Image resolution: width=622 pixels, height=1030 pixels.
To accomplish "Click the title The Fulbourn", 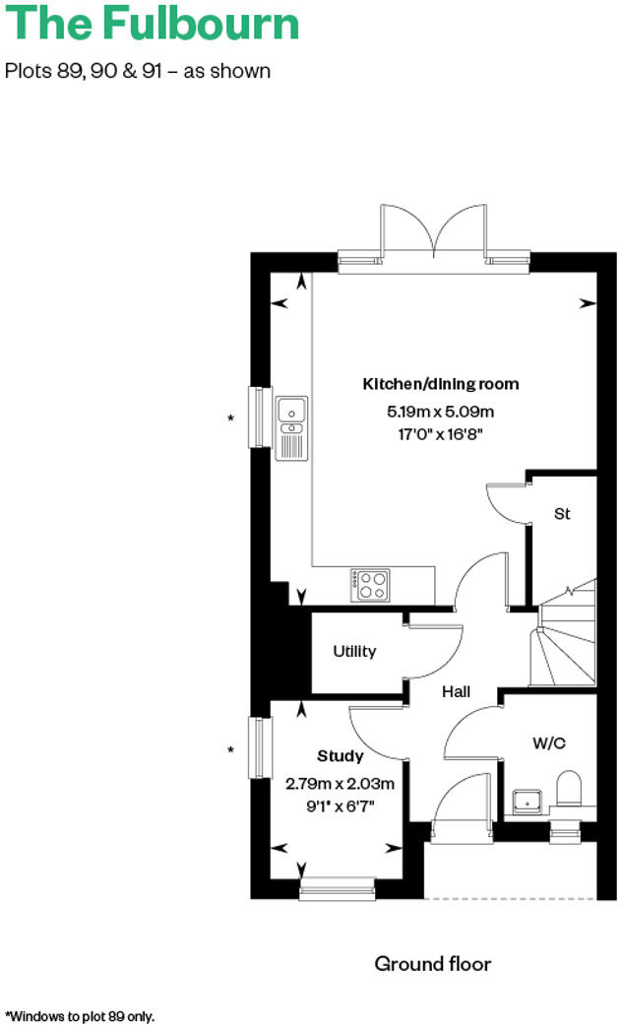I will pyautogui.click(x=153, y=24).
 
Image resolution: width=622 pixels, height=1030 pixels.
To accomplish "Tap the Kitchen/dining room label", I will pyautogui.click(x=441, y=384).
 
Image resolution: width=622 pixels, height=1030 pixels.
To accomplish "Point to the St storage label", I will pyautogui.click(x=562, y=514).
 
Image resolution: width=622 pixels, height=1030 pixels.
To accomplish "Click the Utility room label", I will pyautogui.click(x=354, y=652).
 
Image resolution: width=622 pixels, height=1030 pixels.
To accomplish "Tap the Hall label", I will pyautogui.click(x=456, y=692).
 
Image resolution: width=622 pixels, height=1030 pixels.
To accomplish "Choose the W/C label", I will pyautogui.click(x=549, y=742).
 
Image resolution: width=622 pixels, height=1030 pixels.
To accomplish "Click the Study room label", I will pyautogui.click(x=341, y=756).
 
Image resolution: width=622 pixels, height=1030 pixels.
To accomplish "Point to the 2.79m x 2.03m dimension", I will pyautogui.click(x=341, y=785).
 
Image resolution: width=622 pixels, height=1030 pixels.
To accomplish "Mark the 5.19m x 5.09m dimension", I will pyautogui.click(x=441, y=412).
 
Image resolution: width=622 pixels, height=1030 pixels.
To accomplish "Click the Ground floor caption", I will pyautogui.click(x=432, y=963).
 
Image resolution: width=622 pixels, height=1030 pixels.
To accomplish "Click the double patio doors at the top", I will pyautogui.click(x=434, y=233).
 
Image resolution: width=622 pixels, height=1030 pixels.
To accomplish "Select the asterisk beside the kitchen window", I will pyautogui.click(x=231, y=418).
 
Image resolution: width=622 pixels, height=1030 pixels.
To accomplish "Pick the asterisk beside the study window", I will pyautogui.click(x=231, y=750).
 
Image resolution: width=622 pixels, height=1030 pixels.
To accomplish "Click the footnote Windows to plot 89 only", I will pyautogui.click(x=81, y=1015).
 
